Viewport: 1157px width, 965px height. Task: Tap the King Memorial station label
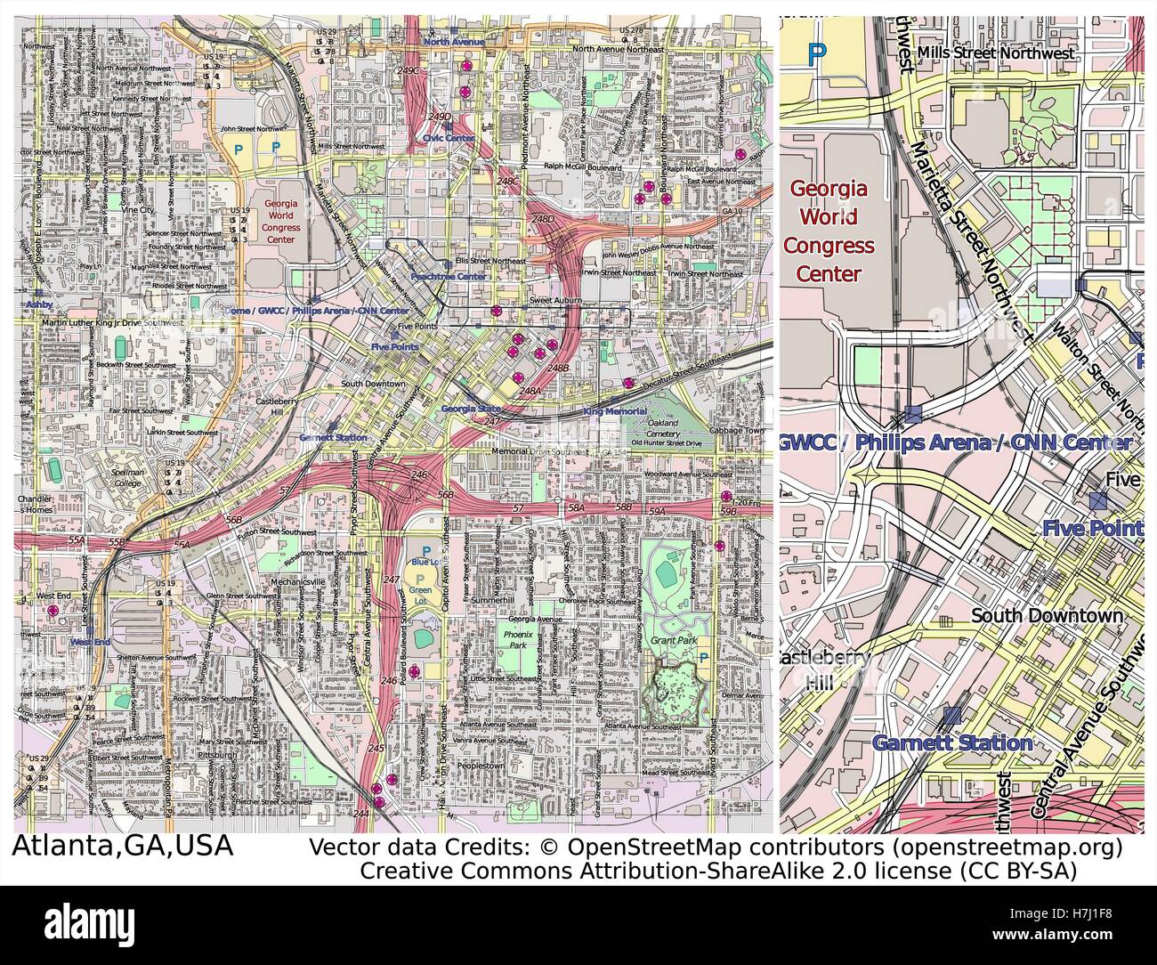click(615, 412)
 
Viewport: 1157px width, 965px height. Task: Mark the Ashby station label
click(39, 304)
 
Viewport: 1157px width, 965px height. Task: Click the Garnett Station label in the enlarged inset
click(951, 742)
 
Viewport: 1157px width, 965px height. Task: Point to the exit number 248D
click(542, 218)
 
